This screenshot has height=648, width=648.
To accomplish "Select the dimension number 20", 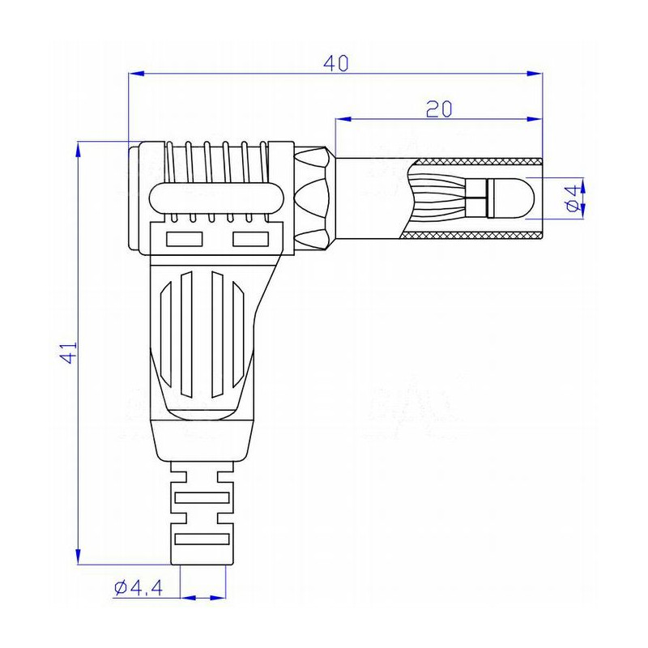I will pyautogui.click(x=438, y=109).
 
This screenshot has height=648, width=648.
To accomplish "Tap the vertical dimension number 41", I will pyautogui.click(x=69, y=352).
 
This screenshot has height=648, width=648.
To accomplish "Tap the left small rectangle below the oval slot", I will pyautogui.click(x=184, y=240).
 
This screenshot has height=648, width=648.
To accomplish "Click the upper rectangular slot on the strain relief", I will pyautogui.click(x=200, y=497).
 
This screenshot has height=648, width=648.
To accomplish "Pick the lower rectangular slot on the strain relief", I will pyautogui.click(x=200, y=538).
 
